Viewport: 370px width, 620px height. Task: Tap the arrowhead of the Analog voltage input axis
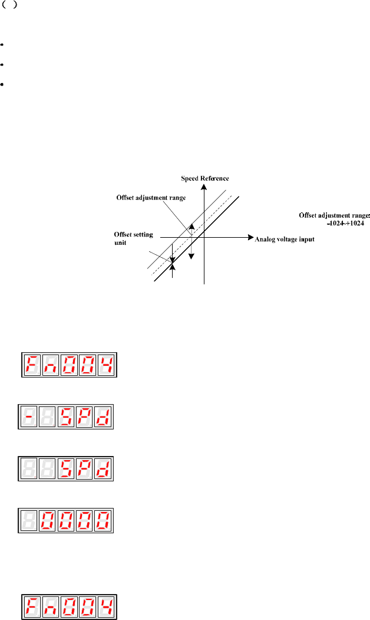coord(246,239)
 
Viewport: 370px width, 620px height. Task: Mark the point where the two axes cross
coord(204,239)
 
